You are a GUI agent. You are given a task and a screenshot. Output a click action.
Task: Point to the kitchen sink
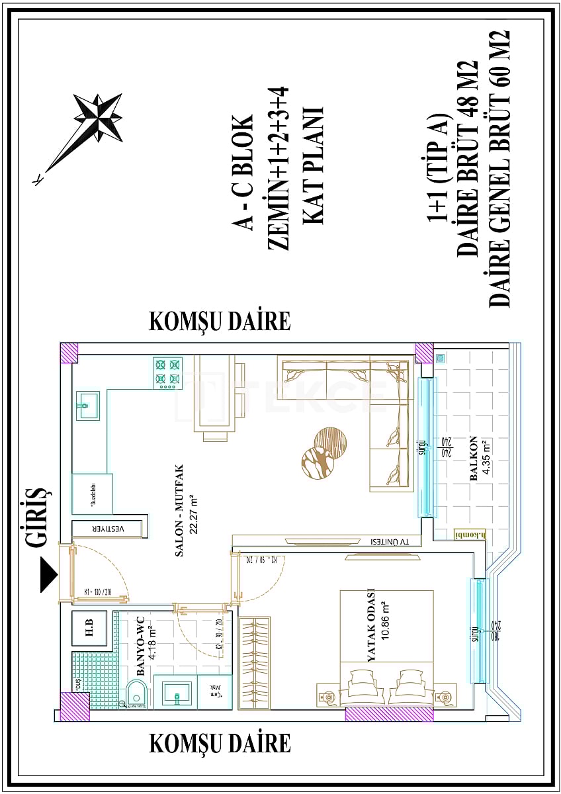87,405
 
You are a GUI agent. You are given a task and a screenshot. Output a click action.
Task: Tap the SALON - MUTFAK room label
178,519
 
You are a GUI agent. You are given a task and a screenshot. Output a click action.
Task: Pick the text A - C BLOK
244,173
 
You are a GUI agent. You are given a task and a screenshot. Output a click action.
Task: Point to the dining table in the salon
214,397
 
